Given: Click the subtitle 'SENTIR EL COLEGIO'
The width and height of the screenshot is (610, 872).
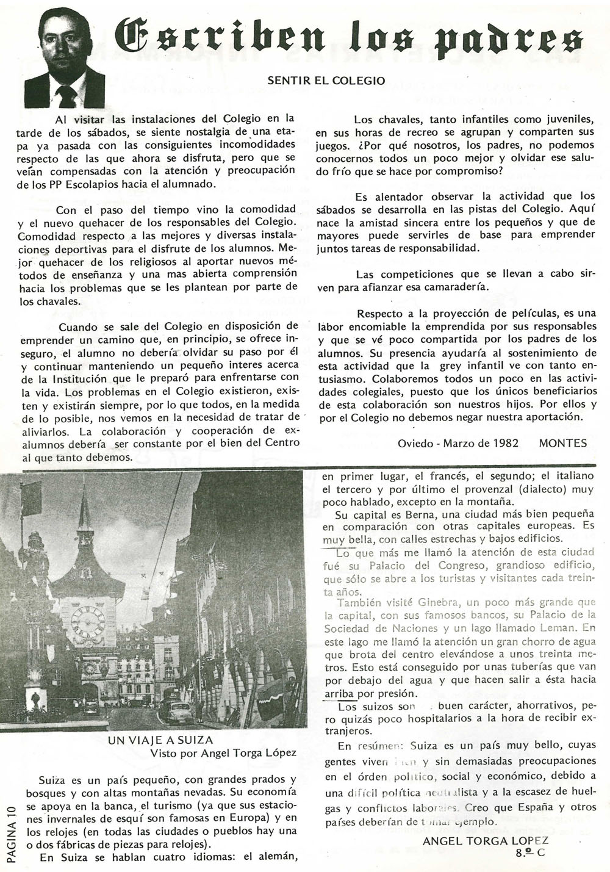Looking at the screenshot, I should coord(326,80).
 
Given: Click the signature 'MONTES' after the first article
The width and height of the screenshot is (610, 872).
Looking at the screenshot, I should coord(562,444).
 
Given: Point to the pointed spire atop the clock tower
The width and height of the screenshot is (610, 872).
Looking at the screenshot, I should coord(84,513).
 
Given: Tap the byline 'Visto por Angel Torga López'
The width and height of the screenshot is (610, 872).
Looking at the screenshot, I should coord(224,753).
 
